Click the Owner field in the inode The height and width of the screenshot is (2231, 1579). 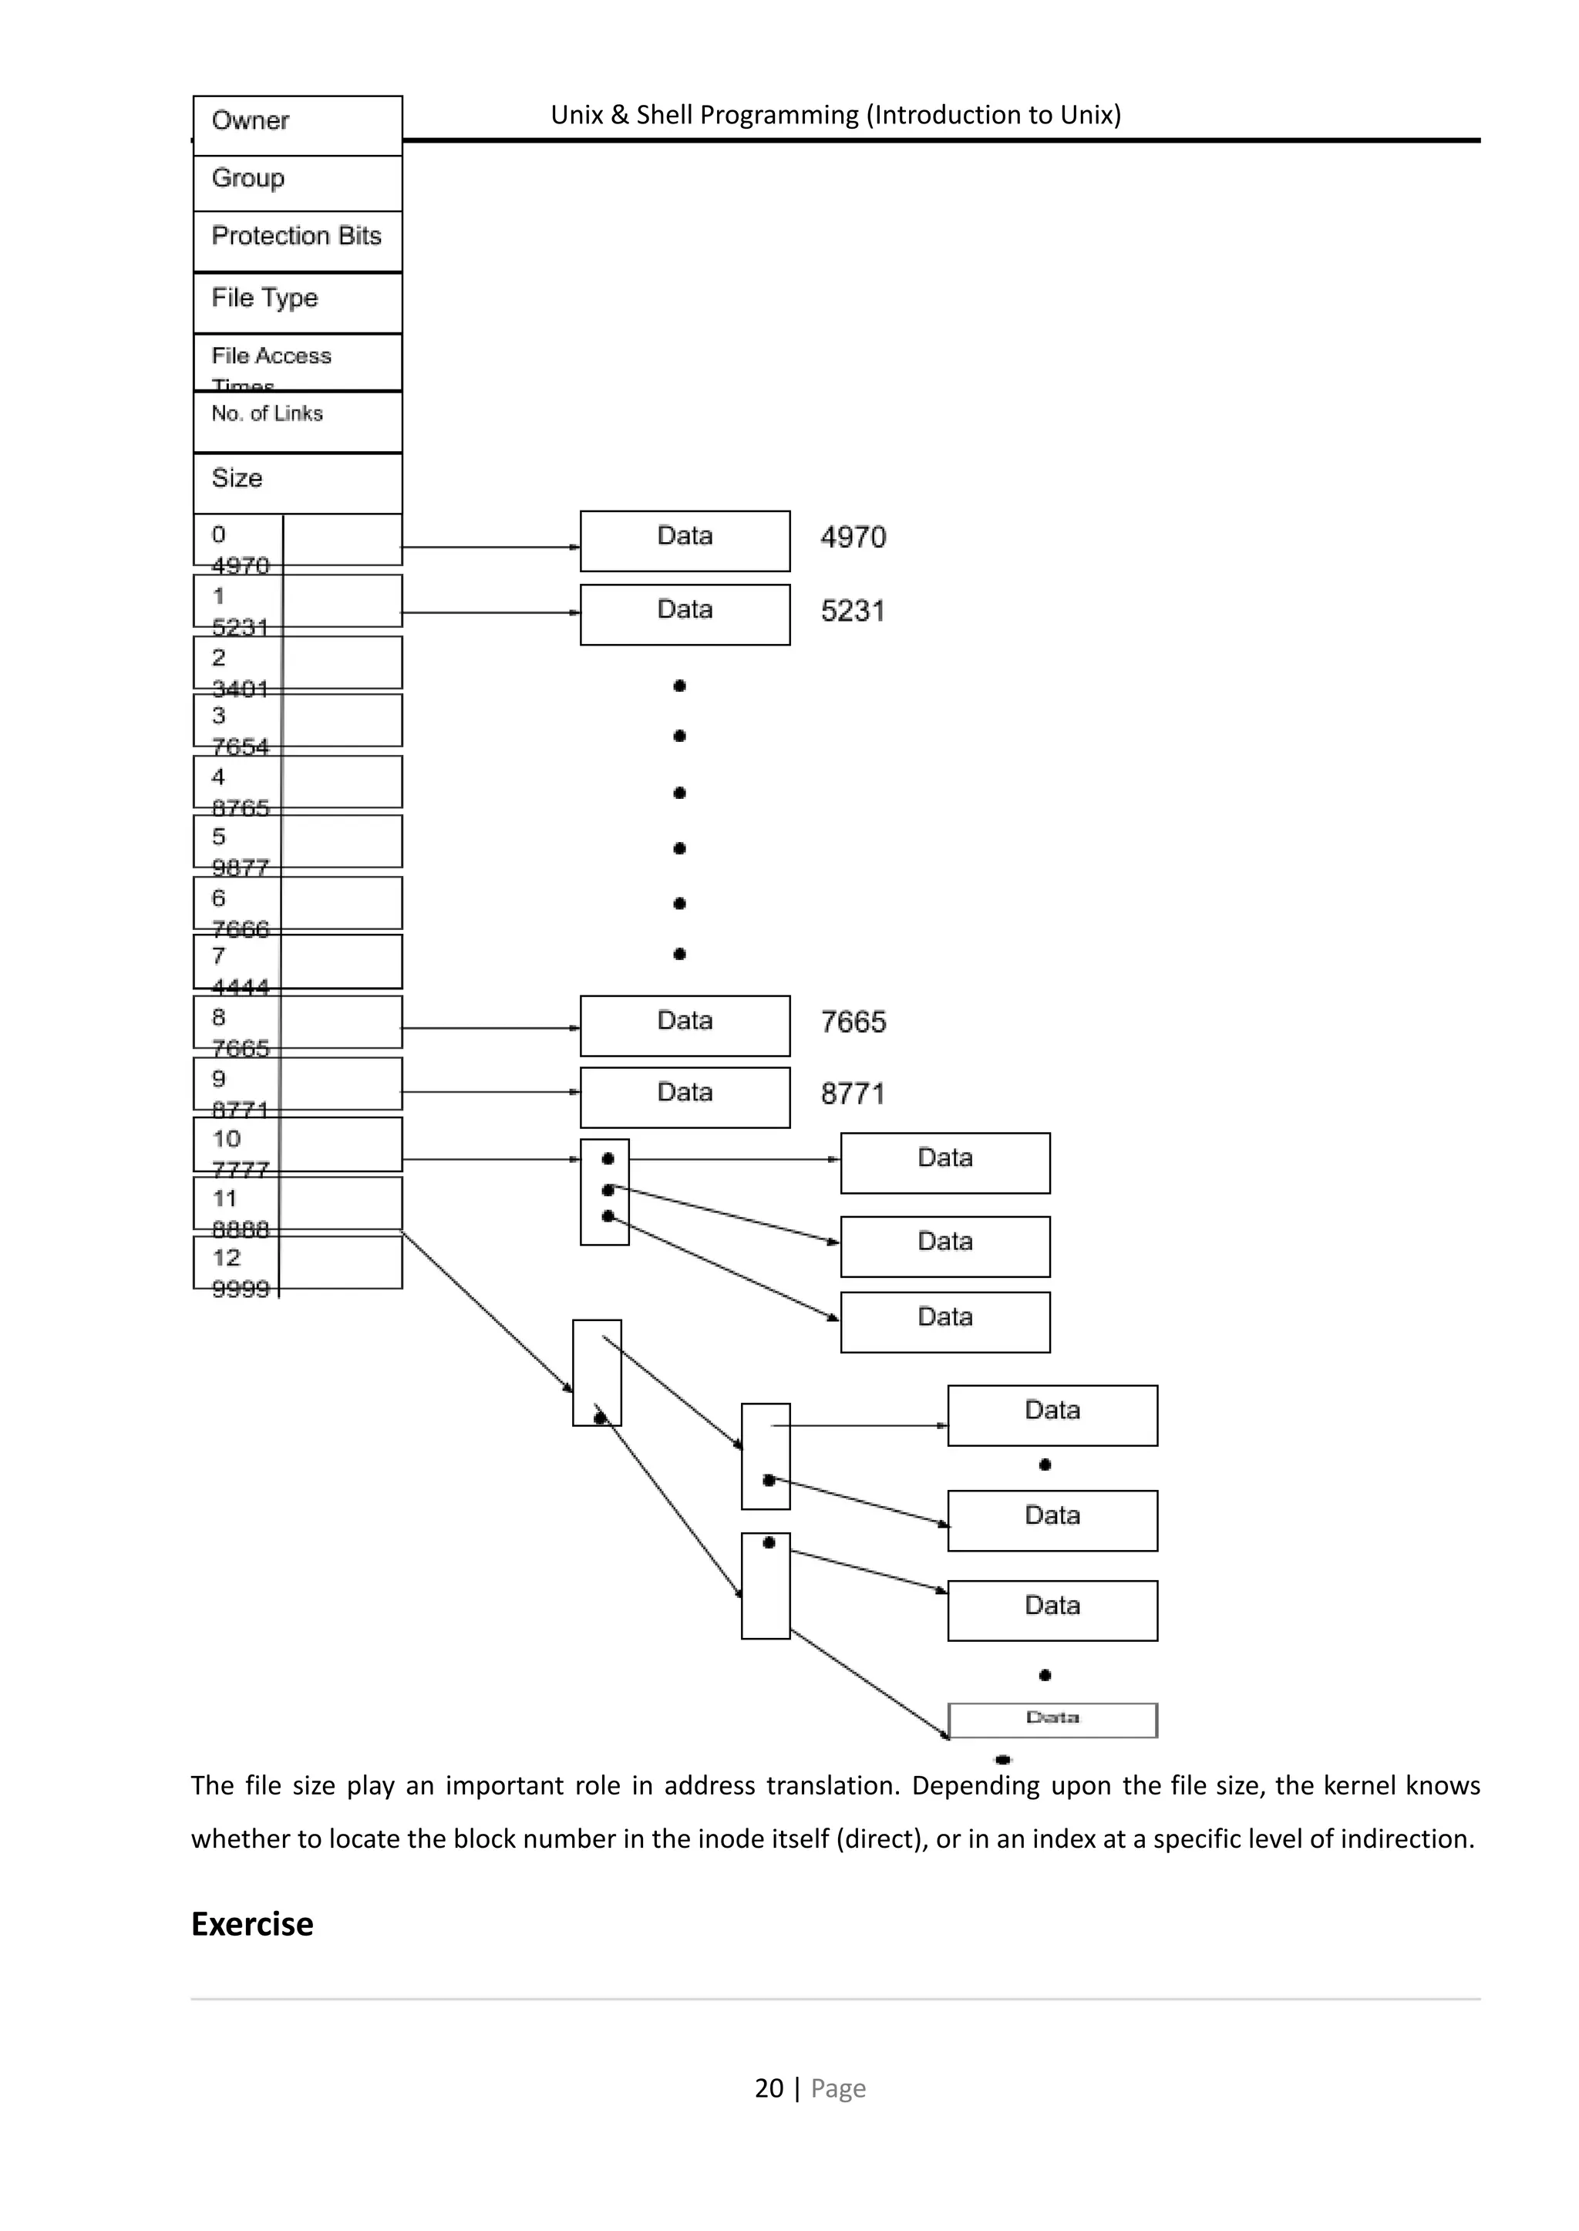click(x=298, y=123)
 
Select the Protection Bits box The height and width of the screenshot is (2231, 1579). click(x=298, y=239)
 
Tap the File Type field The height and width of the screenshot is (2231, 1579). click(x=298, y=302)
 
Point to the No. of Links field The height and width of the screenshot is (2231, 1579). click(x=298, y=420)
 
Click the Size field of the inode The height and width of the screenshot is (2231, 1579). click(x=298, y=481)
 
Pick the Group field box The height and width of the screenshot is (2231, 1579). click(x=298, y=182)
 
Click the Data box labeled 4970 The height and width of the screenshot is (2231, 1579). click(x=685, y=541)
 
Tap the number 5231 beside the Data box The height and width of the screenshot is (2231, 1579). click(x=853, y=612)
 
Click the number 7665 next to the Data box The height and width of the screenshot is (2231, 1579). click(x=853, y=1022)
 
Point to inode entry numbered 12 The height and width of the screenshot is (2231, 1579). click(x=298, y=1262)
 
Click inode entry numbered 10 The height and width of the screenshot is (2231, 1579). click(x=298, y=1144)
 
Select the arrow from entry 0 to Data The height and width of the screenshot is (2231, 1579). click(x=490, y=547)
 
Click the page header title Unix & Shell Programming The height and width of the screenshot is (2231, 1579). click(x=835, y=115)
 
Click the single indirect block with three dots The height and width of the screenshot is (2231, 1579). click(x=604, y=1191)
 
